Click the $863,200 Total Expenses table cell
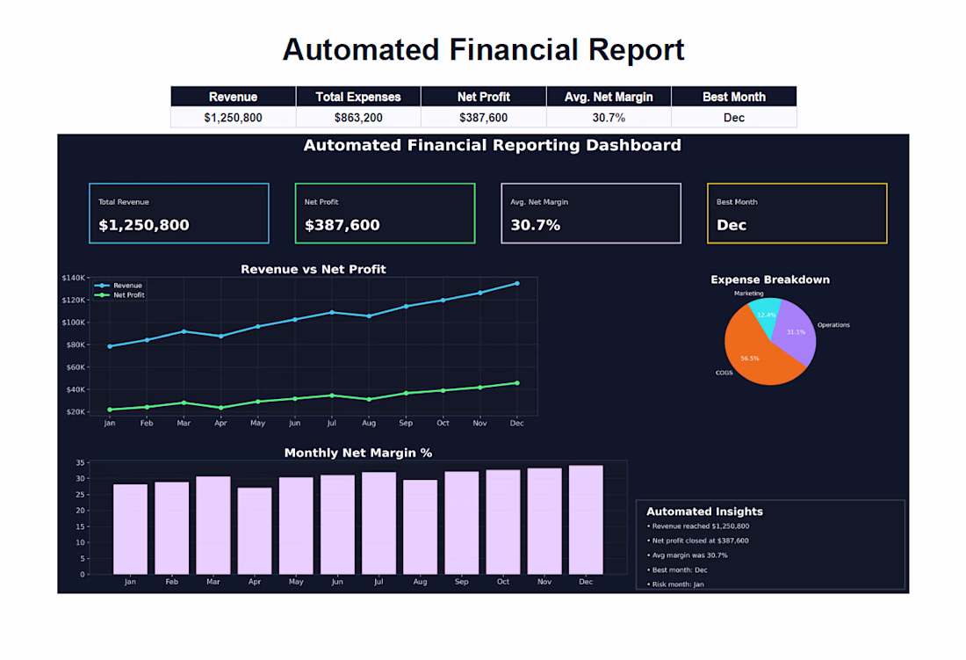click(x=358, y=117)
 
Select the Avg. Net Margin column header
click(x=608, y=97)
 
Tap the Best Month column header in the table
click(x=734, y=97)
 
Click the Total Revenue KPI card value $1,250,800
click(x=143, y=225)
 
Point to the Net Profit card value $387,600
click(x=342, y=225)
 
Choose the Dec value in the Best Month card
click(x=732, y=225)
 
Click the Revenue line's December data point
click(x=517, y=284)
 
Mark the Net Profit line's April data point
click(x=220, y=408)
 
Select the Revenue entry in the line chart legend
click(x=119, y=286)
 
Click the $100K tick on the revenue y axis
click(x=73, y=323)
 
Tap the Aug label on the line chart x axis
click(x=369, y=424)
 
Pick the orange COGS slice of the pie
click(x=754, y=354)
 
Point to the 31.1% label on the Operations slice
click(x=796, y=332)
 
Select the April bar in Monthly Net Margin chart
click(x=255, y=531)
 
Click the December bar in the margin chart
click(x=586, y=520)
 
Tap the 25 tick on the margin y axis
click(x=80, y=495)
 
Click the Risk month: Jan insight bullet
click(x=675, y=584)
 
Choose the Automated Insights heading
click(x=705, y=511)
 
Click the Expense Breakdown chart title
click(x=770, y=279)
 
